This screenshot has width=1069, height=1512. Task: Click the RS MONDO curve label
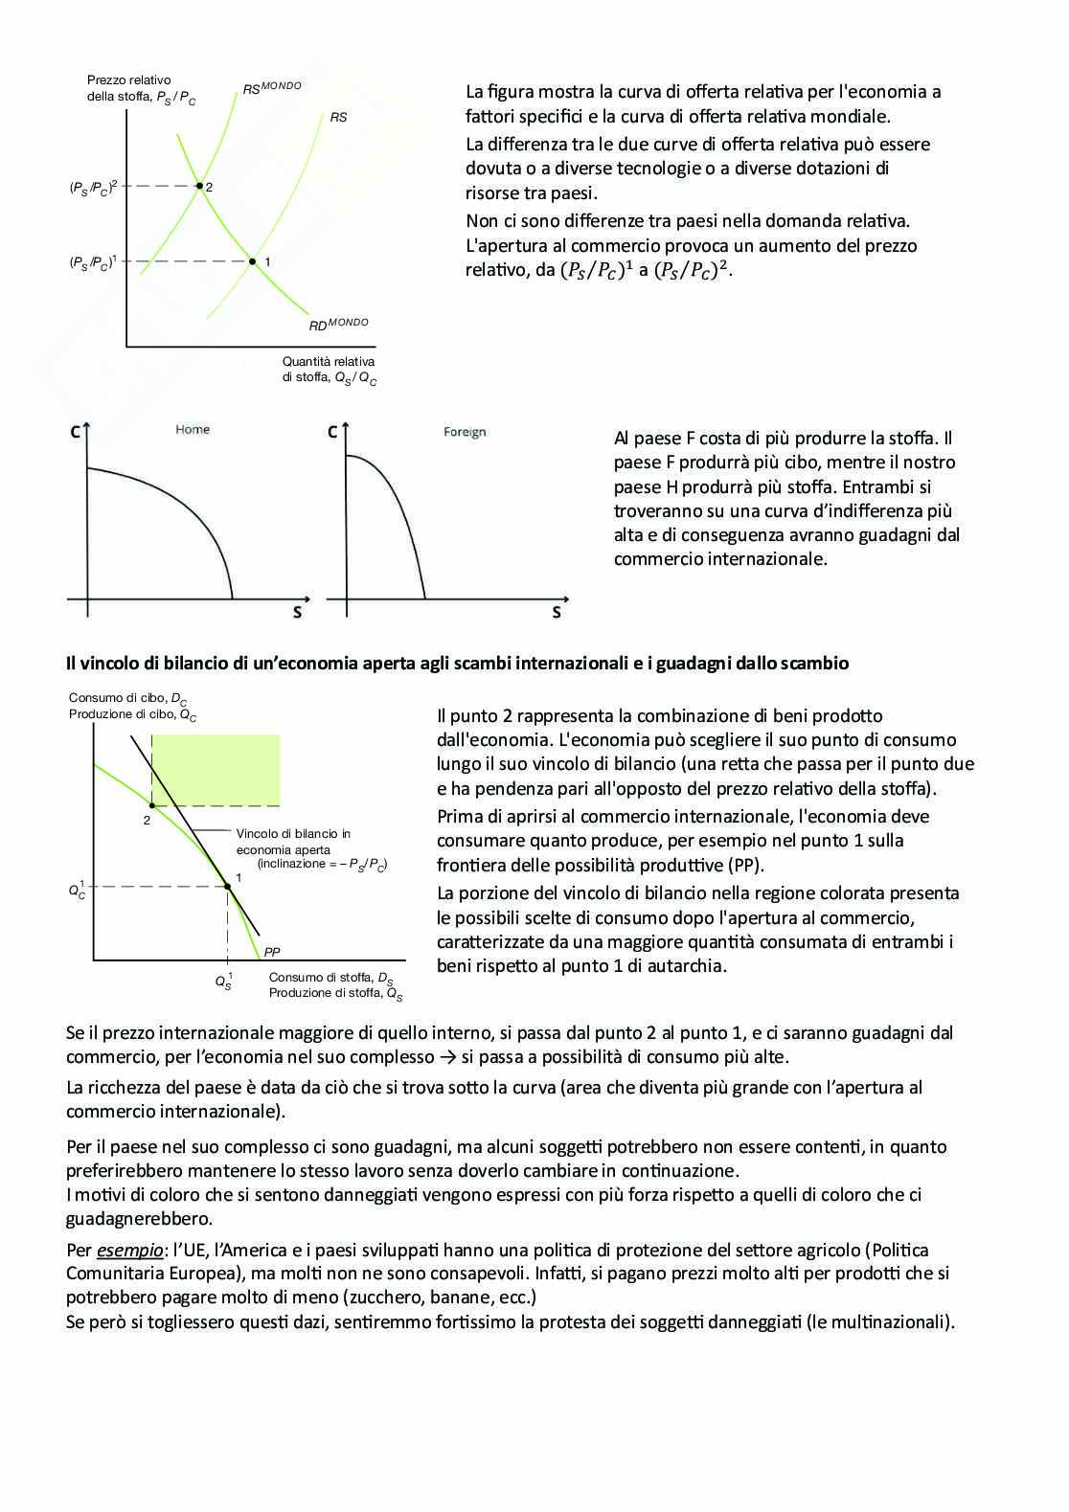271,88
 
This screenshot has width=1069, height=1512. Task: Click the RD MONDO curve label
338,325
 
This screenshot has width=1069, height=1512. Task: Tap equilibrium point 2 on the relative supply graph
199,185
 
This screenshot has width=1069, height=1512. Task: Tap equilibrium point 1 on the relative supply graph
253,260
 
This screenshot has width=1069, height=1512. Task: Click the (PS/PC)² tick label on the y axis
93,187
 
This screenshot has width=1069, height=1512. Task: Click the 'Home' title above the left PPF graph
193,429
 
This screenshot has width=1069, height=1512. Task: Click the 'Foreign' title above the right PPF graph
465,432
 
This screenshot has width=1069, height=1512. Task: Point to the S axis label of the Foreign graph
557,612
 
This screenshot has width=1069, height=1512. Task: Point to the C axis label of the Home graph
75,432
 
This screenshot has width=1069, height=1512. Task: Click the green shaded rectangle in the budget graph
216,770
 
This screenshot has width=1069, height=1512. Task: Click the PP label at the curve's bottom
272,952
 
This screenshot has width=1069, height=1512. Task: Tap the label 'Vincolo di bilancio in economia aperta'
293,842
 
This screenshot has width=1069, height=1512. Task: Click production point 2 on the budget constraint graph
152,806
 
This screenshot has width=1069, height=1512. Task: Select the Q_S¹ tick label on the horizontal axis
223,981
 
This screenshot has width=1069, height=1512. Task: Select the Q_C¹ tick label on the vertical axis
77,890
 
